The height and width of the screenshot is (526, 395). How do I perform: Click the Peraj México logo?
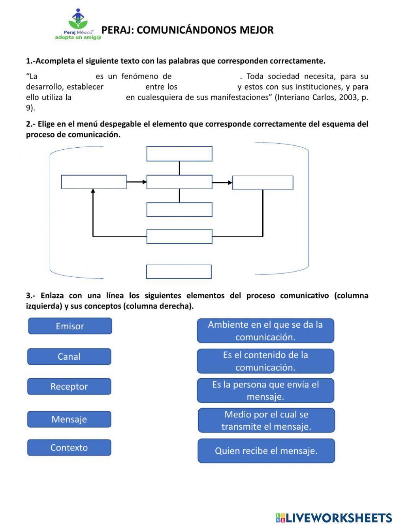click(78, 24)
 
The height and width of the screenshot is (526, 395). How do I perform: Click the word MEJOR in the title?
click(256, 30)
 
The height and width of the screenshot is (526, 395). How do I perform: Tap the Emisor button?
click(70, 326)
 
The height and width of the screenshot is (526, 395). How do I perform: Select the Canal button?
click(69, 357)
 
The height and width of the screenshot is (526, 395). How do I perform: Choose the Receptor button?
click(69, 387)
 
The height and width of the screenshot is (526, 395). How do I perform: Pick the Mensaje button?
click(69, 419)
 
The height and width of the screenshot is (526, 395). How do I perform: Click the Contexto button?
click(69, 448)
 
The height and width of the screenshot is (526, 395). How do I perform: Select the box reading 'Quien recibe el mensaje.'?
click(266, 451)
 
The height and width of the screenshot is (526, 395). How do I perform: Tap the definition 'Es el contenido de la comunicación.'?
click(265, 361)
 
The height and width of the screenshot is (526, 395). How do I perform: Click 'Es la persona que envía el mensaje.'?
click(265, 391)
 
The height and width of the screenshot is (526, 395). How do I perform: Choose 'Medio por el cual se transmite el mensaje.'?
click(266, 421)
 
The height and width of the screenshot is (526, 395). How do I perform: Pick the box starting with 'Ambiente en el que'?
click(265, 331)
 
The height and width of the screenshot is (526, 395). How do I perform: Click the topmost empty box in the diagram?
click(179, 154)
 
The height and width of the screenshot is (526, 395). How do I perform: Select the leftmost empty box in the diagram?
click(94, 182)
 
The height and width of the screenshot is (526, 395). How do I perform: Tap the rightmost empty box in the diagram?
click(263, 183)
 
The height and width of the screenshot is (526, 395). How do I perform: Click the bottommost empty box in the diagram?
click(179, 272)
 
